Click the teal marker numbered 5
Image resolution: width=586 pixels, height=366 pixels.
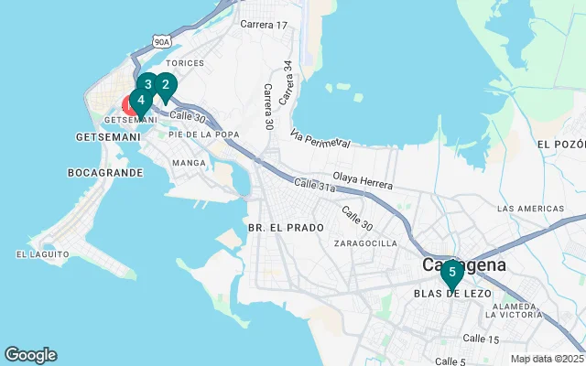pyautogui.click(x=451, y=273)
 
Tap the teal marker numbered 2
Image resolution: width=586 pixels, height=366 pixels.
pyautogui.click(x=165, y=86)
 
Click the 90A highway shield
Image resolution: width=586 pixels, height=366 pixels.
pyautogui.click(x=162, y=41)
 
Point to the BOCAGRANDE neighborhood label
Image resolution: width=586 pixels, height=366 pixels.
pyautogui.click(x=105, y=172)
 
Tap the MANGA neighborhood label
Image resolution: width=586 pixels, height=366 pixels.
pyautogui.click(x=190, y=163)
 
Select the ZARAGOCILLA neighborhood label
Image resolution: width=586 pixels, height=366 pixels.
pyautogui.click(x=366, y=243)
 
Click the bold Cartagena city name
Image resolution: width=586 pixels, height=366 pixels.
pyautogui.click(x=464, y=264)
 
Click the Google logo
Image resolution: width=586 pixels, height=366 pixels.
pyautogui.click(x=30, y=355)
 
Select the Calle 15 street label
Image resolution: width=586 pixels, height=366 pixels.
pyautogui.click(x=481, y=339)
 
